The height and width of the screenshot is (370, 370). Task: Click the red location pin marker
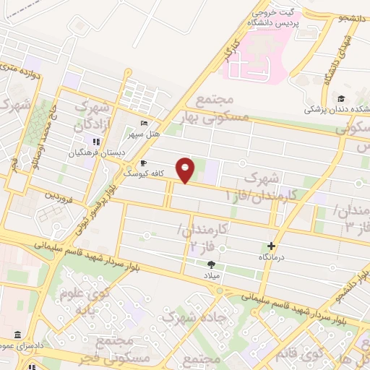[186, 170]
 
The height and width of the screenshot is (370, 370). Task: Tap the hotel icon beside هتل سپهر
[145, 124]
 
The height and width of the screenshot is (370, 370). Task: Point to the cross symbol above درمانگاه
[272, 246]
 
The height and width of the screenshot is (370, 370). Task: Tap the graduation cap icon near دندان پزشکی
[340, 99]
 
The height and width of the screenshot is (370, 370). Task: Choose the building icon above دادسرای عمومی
[17, 334]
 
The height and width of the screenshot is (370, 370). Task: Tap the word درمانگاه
[272, 257]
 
